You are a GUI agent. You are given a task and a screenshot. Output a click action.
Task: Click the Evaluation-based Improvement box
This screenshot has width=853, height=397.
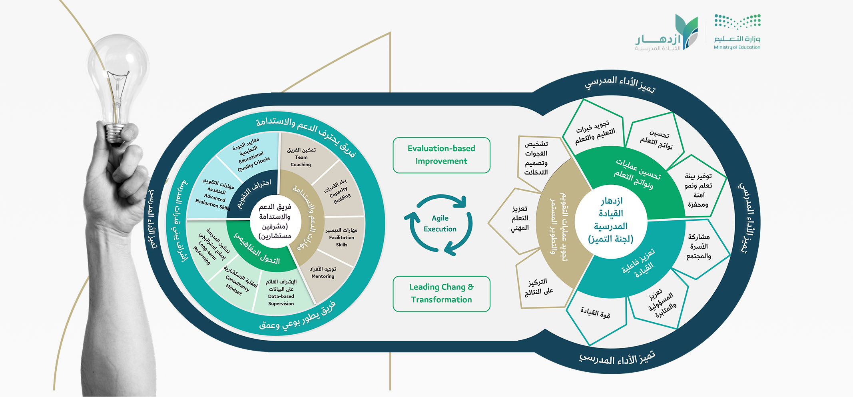tap(441, 155)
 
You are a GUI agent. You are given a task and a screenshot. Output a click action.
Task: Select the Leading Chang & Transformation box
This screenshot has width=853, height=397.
tap(441, 294)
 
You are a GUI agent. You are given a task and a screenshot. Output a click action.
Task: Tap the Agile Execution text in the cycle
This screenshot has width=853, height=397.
tap(440, 223)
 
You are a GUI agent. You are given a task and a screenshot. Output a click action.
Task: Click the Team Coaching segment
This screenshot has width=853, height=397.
tap(301, 157)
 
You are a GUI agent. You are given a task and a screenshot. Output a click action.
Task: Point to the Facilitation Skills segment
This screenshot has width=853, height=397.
tap(342, 237)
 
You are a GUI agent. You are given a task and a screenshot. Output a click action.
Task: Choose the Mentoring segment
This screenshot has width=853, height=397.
tap(323, 273)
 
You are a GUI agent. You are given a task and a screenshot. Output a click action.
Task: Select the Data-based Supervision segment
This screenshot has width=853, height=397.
tap(281, 293)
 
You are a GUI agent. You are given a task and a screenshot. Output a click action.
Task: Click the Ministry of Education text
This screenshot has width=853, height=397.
tap(737, 47)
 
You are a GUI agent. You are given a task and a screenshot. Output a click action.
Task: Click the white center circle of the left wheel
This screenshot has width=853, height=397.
tap(275, 221)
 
